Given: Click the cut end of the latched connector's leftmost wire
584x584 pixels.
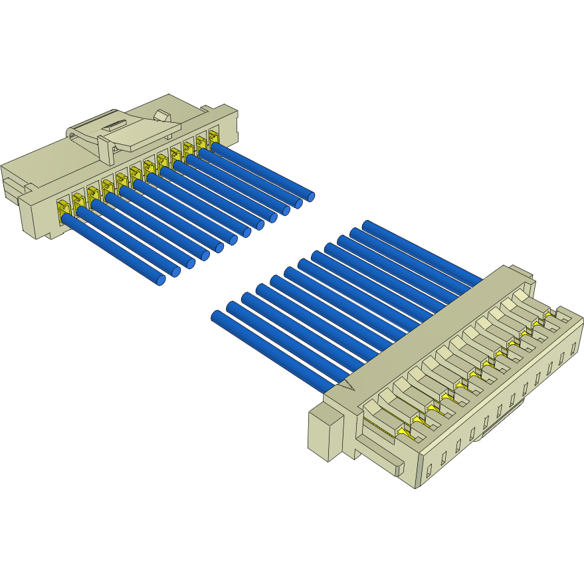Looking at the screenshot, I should pyautogui.click(x=161, y=280).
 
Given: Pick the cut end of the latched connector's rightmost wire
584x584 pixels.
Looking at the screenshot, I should pyautogui.click(x=310, y=196).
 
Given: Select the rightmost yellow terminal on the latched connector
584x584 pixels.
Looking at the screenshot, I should pyautogui.click(x=213, y=136).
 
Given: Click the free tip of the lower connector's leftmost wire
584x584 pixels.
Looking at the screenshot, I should pyautogui.click(x=216, y=316).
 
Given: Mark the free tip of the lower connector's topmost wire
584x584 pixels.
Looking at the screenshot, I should pyautogui.click(x=366, y=225).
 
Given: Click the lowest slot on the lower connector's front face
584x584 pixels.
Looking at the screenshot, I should pyautogui.click(x=429, y=470).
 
